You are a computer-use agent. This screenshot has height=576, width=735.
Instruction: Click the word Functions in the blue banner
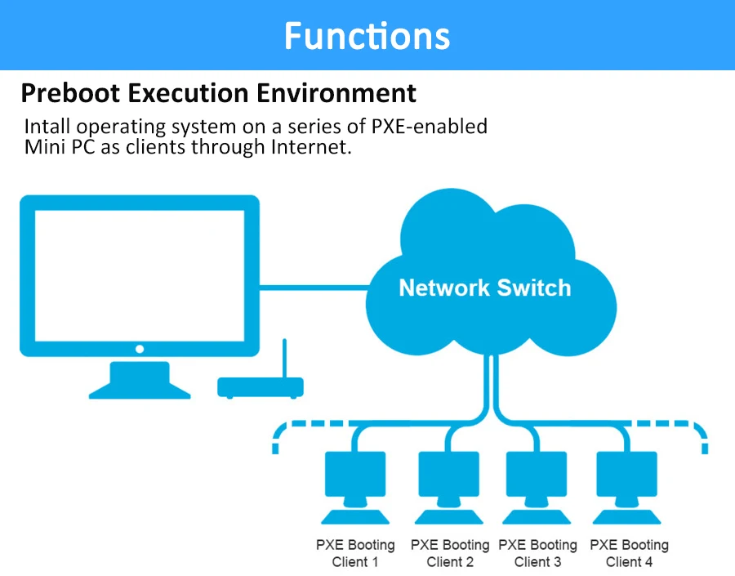pos(367,36)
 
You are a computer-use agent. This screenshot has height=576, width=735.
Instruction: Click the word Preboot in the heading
pos(71,93)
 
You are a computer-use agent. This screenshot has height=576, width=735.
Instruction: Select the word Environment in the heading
pos(336,93)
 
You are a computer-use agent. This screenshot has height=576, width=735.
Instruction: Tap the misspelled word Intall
pos(47,127)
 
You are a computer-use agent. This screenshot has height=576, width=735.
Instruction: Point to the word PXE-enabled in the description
pos(430,127)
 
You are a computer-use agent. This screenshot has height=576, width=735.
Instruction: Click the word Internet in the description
pos(311,147)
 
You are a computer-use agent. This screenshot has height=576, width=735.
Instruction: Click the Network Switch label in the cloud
pos(484,288)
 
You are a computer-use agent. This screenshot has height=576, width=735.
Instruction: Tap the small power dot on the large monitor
pos(139,349)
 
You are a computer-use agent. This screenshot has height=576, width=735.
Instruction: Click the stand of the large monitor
pos(140,380)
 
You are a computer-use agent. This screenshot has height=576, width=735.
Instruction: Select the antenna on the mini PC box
pos(284,358)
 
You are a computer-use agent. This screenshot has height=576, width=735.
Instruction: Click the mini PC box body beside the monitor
pos(261,388)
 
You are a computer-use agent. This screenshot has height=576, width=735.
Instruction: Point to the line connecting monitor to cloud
pos(314,288)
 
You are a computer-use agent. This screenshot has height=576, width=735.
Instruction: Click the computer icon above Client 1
pos(355,487)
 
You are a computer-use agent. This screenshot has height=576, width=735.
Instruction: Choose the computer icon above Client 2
pos(449,487)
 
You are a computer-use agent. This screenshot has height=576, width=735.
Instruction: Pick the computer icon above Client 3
pos(537,487)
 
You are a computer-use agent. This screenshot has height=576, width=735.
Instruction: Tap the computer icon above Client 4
pos(626,487)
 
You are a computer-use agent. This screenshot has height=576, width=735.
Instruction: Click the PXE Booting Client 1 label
pos(355,553)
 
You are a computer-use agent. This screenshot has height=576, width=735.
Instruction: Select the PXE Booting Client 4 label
pos(629,553)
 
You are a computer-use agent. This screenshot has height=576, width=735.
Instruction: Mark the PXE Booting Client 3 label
pos(537,553)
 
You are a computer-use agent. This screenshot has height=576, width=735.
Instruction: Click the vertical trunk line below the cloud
pos(492,380)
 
